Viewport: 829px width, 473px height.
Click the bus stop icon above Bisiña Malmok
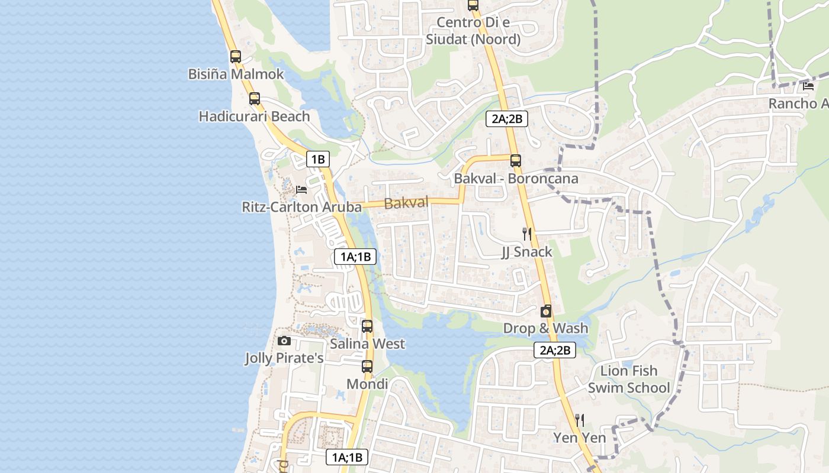point(236,57)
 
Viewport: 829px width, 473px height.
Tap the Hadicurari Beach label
point(254,116)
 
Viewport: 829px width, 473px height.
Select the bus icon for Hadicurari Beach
point(255,99)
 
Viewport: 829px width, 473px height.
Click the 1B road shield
point(318,159)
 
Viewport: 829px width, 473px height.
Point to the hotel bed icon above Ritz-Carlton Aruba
point(301,190)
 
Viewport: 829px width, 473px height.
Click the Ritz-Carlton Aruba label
point(301,207)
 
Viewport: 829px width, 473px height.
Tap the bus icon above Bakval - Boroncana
point(516,160)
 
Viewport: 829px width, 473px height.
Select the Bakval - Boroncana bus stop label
point(516,178)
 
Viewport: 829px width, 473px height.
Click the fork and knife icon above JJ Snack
point(526,234)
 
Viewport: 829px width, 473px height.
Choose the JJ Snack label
point(526,252)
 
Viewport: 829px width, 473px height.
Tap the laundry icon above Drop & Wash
point(546,311)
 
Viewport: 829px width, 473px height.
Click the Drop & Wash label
point(546,328)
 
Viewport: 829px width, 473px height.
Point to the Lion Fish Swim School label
point(629,379)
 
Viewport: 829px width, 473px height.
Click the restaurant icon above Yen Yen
point(580,420)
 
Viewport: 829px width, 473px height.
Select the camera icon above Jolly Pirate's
point(284,341)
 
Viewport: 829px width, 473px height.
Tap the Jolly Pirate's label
point(284,358)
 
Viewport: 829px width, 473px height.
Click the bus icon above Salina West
point(367,326)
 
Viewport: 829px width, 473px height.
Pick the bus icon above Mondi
point(367,367)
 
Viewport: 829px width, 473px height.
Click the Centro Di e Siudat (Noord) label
point(473,31)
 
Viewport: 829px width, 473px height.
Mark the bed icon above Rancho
point(808,86)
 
